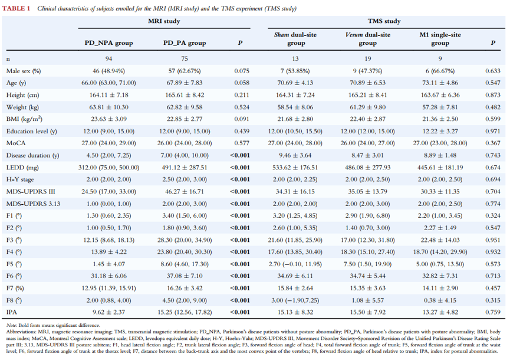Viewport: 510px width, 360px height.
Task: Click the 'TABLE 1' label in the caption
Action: click(x=17, y=8)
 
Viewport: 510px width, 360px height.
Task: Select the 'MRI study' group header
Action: click(x=164, y=21)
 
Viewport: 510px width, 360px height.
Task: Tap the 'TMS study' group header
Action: click(x=384, y=21)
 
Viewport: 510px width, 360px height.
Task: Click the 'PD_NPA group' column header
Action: click(x=108, y=43)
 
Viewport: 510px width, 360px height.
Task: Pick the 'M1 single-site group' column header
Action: click(x=440, y=39)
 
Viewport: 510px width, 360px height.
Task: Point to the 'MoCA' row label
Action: click(x=16, y=143)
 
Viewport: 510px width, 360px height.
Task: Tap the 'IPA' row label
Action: click(x=11, y=312)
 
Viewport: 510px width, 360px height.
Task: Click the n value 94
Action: click(x=108, y=58)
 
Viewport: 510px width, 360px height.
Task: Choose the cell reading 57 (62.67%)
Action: click(x=185, y=71)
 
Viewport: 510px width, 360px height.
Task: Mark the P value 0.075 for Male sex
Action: click(x=242, y=71)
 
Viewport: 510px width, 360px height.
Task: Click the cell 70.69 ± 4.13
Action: click(x=295, y=83)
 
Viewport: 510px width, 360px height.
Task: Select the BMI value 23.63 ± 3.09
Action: click(x=108, y=119)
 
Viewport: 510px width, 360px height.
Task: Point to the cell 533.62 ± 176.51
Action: click(x=295, y=168)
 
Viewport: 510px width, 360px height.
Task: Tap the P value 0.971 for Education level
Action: click(x=493, y=131)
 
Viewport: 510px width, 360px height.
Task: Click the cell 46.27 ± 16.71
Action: click(x=185, y=191)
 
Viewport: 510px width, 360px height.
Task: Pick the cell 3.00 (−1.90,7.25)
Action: click(x=295, y=300)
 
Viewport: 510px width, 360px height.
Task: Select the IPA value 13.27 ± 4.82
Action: click(x=440, y=312)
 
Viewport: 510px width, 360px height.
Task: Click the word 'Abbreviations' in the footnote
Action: click(x=19, y=332)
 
